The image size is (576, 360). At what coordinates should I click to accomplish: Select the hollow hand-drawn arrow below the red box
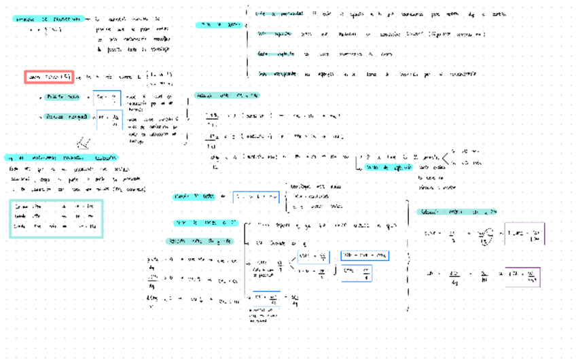click(x=84, y=143)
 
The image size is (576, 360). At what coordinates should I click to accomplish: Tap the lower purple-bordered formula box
click(x=522, y=276)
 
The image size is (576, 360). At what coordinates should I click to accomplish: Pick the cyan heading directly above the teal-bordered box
click(x=60, y=157)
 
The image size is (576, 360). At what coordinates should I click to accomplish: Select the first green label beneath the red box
click(x=63, y=97)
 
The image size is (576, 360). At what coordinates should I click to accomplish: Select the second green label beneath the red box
click(x=67, y=117)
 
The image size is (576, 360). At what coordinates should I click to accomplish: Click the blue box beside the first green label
click(x=107, y=98)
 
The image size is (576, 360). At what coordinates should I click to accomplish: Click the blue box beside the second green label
click(x=109, y=120)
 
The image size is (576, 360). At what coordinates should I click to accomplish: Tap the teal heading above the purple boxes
click(x=456, y=212)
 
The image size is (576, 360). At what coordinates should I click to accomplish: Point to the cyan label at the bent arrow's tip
click(x=389, y=167)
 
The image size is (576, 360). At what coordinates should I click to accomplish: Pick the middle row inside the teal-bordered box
click(x=56, y=216)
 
